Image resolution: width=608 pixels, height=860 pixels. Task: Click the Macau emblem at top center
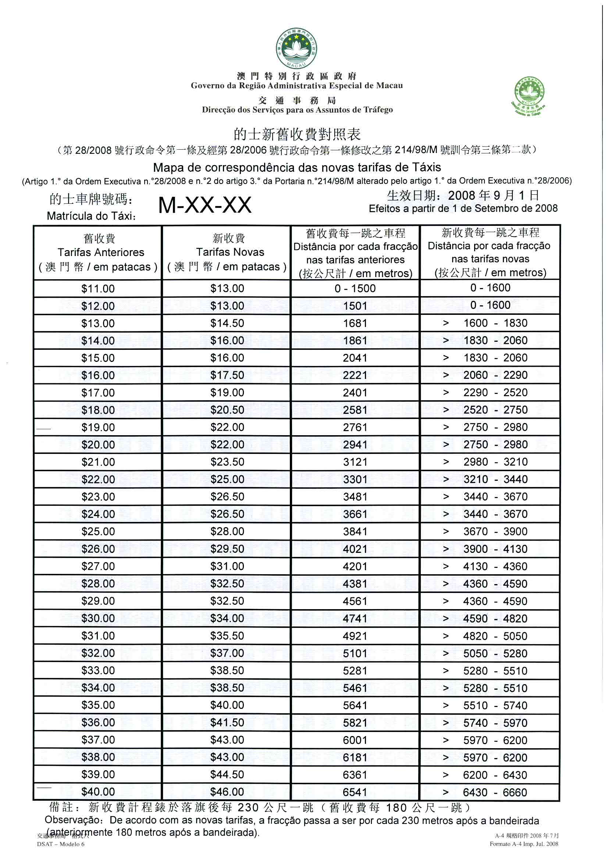pos(297,48)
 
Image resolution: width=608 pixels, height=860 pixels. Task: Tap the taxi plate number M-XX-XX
pos(205,205)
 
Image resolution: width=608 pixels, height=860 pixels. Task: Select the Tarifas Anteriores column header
pos(98,253)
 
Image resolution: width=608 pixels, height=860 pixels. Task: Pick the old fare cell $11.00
pos(98,288)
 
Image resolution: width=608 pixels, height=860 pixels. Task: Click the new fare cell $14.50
pos(227,323)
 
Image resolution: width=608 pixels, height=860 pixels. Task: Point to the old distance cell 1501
pos(355,306)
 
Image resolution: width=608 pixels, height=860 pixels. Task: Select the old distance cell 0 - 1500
pos(355,288)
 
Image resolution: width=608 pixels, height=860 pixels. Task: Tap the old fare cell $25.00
pos(98,532)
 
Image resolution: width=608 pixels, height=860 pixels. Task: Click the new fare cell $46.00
pos(227,792)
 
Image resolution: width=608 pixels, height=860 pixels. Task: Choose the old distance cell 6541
pos(355,792)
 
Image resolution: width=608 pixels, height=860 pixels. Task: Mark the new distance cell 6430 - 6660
pos(495,792)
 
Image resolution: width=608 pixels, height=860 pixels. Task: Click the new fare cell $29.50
pos(227,549)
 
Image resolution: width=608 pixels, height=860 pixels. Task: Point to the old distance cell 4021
pos(355,549)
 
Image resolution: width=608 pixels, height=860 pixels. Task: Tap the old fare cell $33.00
pos(98,671)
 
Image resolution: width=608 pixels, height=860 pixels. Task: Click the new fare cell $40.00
pos(227,705)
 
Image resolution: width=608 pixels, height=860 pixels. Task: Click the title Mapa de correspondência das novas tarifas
pos(297,167)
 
